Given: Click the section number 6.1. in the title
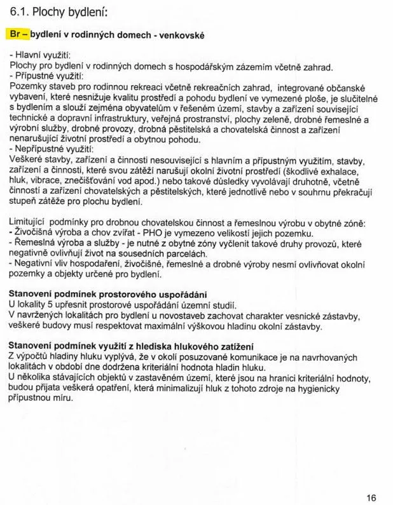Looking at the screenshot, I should (x=20, y=12).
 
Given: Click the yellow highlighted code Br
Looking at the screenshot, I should (x=17, y=34).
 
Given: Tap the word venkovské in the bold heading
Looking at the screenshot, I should (x=181, y=35).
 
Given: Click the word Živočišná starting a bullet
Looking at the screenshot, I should (x=36, y=232).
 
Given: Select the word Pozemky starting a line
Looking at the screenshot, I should (x=29, y=86).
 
